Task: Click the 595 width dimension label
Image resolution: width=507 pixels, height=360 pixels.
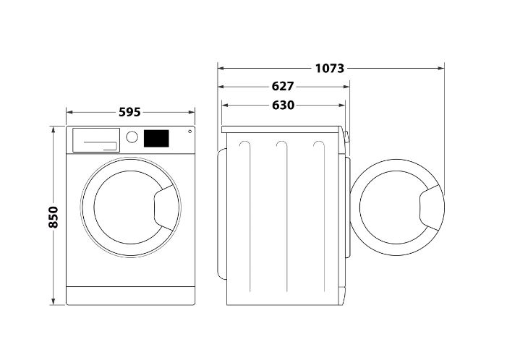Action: [129, 112]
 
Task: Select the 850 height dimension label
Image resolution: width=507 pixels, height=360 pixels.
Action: [54, 217]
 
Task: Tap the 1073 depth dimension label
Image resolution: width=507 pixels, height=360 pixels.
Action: [330, 69]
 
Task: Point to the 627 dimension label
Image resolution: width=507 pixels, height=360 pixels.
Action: [283, 87]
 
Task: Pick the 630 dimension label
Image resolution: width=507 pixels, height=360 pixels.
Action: [284, 106]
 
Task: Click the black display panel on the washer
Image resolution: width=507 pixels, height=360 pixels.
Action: [156, 138]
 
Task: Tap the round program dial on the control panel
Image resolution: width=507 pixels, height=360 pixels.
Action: [132, 137]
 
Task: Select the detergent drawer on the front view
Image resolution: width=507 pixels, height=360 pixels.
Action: [96, 140]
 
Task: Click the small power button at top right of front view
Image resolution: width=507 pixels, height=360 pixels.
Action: [189, 131]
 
